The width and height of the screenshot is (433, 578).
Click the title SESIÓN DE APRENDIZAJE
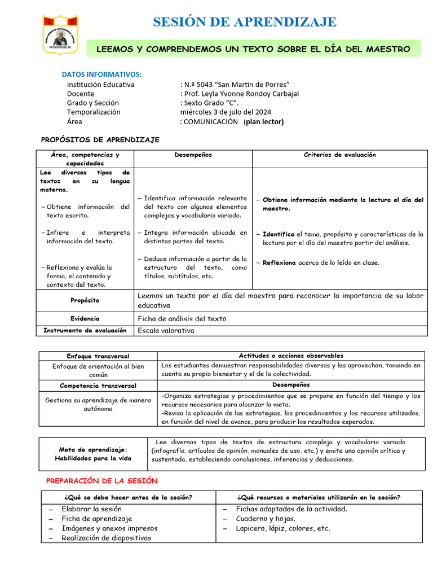pyautogui.click(x=245, y=22)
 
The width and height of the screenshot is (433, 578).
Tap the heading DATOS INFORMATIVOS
pyautogui.click(x=101, y=74)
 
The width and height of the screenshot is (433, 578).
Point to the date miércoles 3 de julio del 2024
pyautogui.click(x=226, y=112)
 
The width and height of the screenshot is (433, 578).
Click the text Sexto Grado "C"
pyautogui.click(x=211, y=103)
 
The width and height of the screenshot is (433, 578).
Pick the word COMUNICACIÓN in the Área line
pyautogui.click(x=211, y=121)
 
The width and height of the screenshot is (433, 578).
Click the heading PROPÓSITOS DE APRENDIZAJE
pyautogui.click(x=100, y=139)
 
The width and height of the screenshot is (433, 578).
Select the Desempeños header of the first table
pyautogui.click(x=193, y=155)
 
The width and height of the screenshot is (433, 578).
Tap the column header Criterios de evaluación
pyautogui.click(x=339, y=155)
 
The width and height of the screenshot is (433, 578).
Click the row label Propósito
pyautogui.click(x=85, y=301)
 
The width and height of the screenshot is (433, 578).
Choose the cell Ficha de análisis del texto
pyautogui.click(x=182, y=318)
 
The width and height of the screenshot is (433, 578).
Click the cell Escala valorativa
pyautogui.click(x=166, y=330)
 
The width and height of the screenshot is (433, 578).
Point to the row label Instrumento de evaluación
pyautogui.click(x=85, y=330)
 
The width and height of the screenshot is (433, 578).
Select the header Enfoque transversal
pyautogui.click(x=98, y=356)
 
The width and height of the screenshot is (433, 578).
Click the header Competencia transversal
pyautogui.click(x=98, y=385)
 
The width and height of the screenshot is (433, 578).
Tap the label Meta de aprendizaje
pyautogui.click(x=94, y=449)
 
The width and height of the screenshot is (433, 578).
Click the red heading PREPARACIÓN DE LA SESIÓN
pyautogui.click(x=101, y=480)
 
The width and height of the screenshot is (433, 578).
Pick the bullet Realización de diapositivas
pyautogui.click(x=107, y=538)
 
